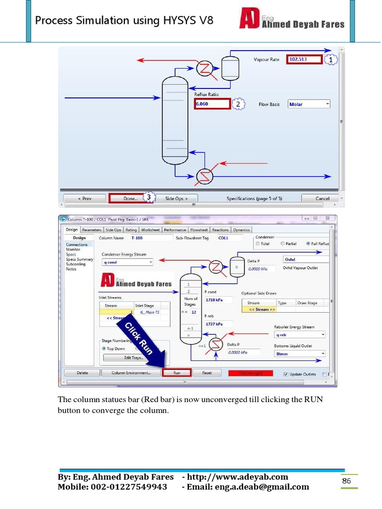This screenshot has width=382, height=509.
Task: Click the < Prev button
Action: pyautogui.click(x=85, y=198)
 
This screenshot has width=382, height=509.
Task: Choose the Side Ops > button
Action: pyautogui.click(x=177, y=198)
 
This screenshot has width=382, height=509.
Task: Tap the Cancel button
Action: pyautogui.click(x=322, y=198)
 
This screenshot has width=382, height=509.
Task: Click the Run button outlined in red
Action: pyautogui.click(x=177, y=372)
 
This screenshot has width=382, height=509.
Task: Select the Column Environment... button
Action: pyautogui.click(x=131, y=372)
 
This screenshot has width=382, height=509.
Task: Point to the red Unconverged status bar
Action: pyautogui.click(x=250, y=372)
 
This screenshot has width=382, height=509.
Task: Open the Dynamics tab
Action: pyautogui.click(x=241, y=230)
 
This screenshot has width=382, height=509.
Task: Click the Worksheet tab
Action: pyautogui.click(x=150, y=230)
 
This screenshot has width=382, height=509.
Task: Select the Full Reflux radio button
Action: pyautogui.click(x=309, y=244)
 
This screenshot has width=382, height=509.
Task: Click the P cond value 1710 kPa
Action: pyautogui.click(x=217, y=301)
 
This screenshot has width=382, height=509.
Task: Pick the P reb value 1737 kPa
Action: pyautogui.click(x=217, y=324)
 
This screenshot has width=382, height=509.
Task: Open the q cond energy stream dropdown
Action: pyautogui.click(x=127, y=262)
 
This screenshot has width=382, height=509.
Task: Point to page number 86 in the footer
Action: pyautogui.click(x=346, y=481)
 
